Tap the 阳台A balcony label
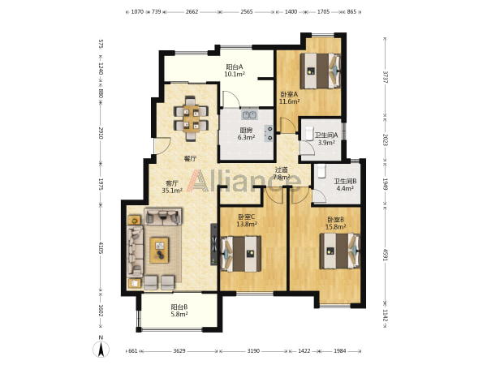click(x=235, y=67)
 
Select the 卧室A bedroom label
click(x=289, y=94)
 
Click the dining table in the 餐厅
click(x=191, y=119)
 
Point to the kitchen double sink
click(x=249, y=114)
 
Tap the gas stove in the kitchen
click(x=269, y=133)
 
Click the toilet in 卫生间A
click(x=309, y=134)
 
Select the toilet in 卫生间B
click(x=321, y=171)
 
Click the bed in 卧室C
click(x=241, y=254)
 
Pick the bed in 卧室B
click(x=340, y=251)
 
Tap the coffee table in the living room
click(x=159, y=250)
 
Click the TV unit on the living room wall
click(x=214, y=244)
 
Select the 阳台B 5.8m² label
click(x=179, y=311)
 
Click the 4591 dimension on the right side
click(x=386, y=255)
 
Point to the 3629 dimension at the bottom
click(x=179, y=351)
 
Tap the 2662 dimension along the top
click(x=192, y=12)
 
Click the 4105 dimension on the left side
click(x=101, y=247)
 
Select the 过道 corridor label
click(x=282, y=170)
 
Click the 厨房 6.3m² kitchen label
click(x=246, y=134)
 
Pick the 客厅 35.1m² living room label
click(x=172, y=187)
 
